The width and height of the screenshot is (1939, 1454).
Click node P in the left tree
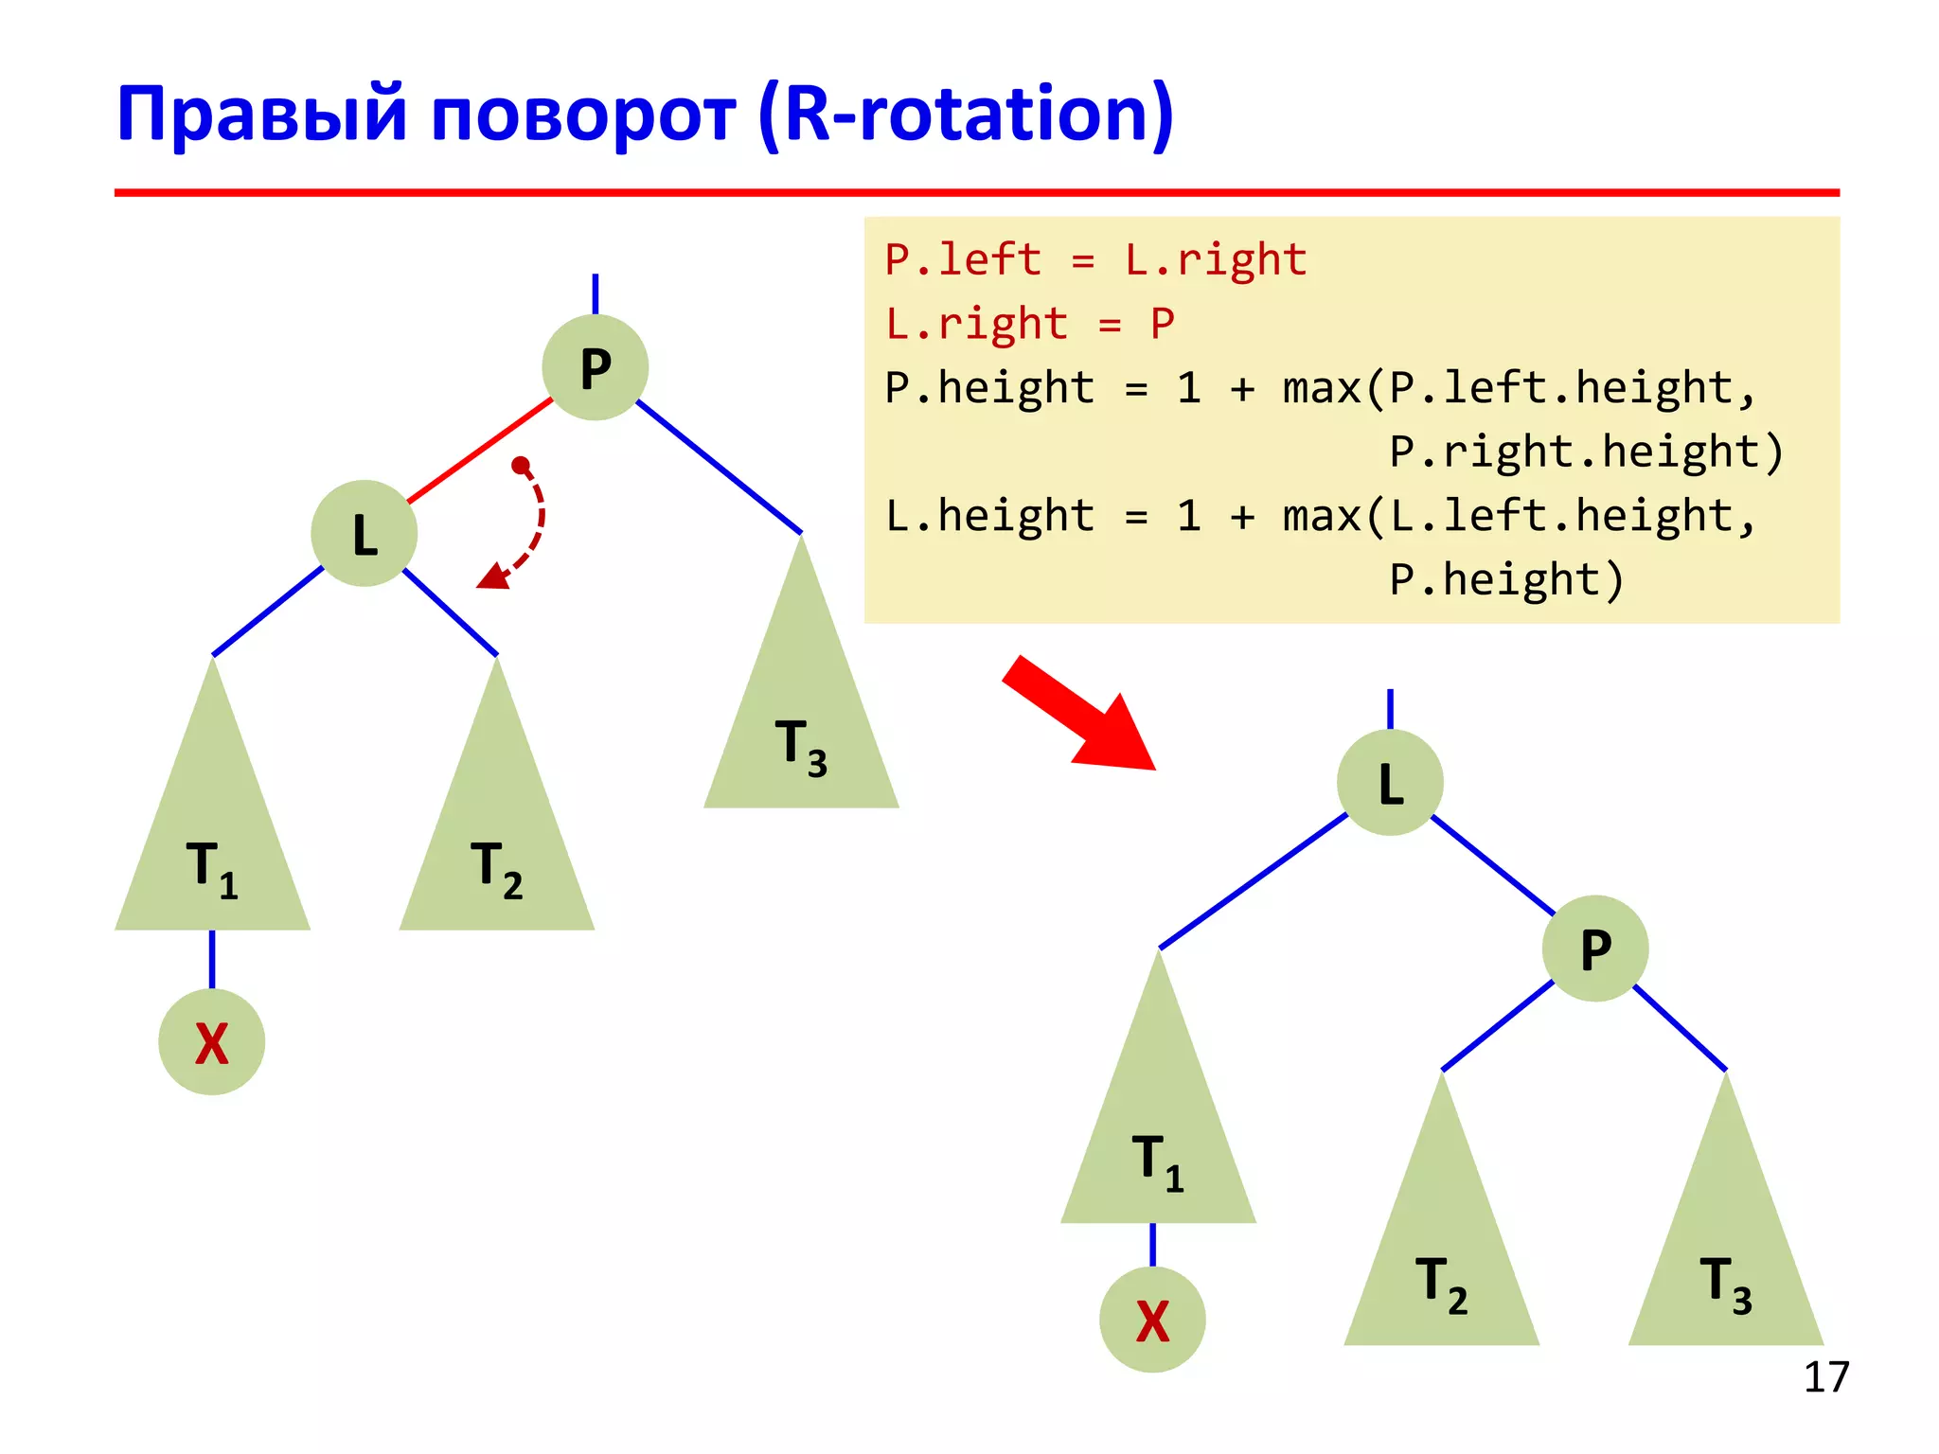[x=595, y=367]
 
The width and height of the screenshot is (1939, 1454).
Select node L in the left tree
[x=365, y=534]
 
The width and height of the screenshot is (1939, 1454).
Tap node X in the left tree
[x=211, y=1042]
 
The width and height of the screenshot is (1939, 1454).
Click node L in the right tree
[x=1390, y=783]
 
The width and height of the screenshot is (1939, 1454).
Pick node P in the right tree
[x=1595, y=949]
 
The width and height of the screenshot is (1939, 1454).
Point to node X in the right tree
[x=1152, y=1320]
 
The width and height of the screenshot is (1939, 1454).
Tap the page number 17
[x=1825, y=1377]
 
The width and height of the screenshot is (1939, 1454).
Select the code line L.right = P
[x=1029, y=324]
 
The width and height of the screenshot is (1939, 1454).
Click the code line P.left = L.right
[x=1095, y=259]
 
